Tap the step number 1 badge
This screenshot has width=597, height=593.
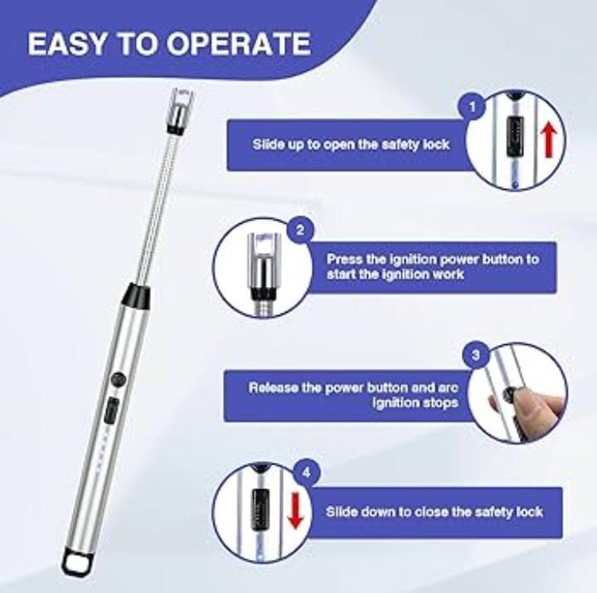tap(473, 107)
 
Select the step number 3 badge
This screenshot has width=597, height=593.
tap(475, 355)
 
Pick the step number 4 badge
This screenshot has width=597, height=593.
tap(308, 474)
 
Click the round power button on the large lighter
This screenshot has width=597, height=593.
tap(119, 378)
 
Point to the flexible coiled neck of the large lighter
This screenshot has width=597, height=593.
tap(158, 207)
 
